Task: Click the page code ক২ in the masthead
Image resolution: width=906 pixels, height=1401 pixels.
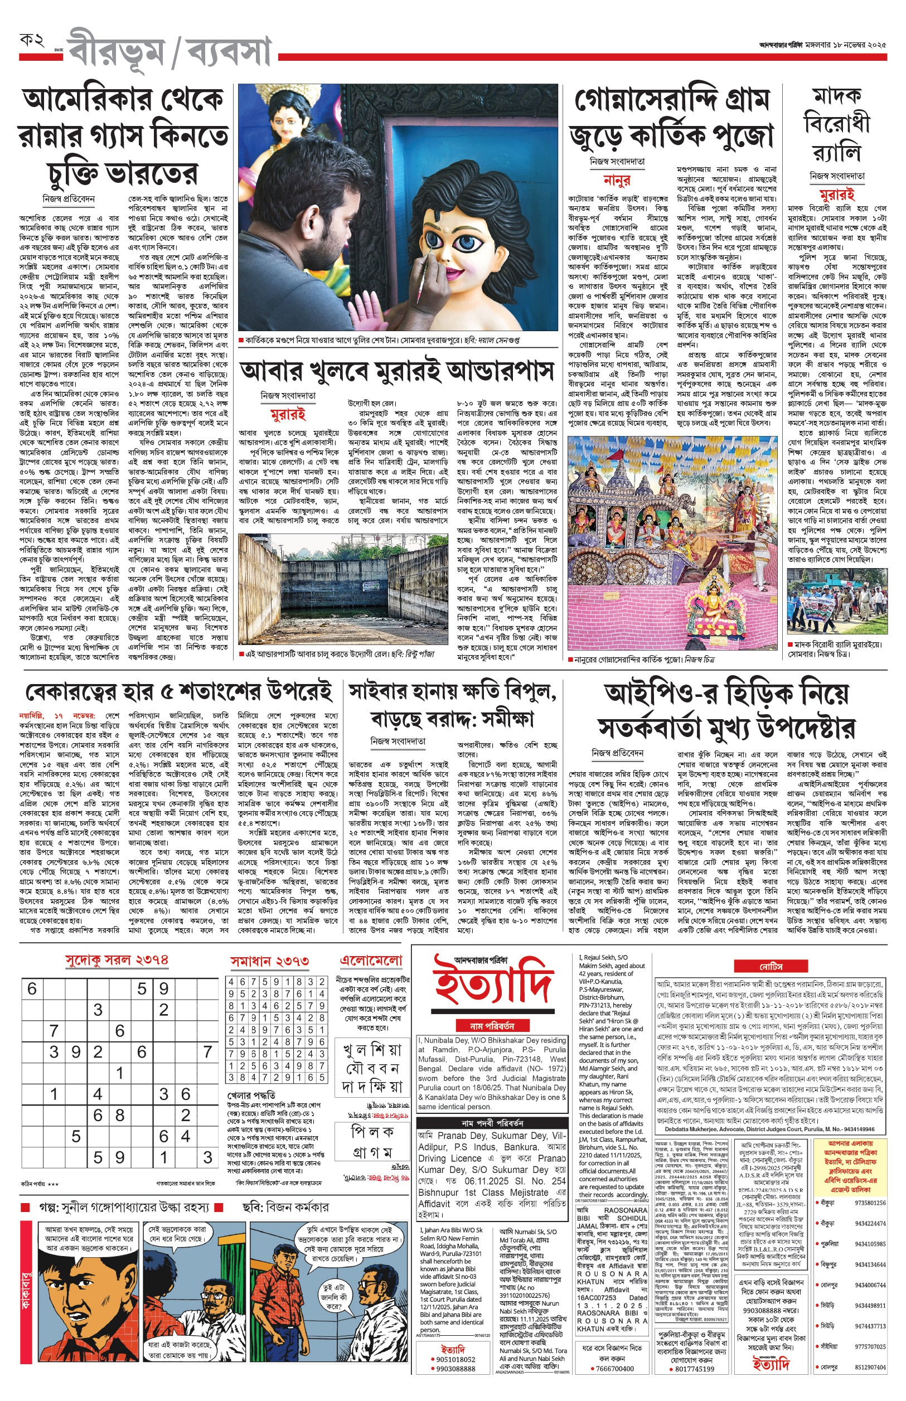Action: coord(32,41)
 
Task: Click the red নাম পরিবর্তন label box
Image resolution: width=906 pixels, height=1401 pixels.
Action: coord(492,1026)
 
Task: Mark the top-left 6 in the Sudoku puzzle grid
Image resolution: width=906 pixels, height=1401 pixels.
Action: coord(32,988)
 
